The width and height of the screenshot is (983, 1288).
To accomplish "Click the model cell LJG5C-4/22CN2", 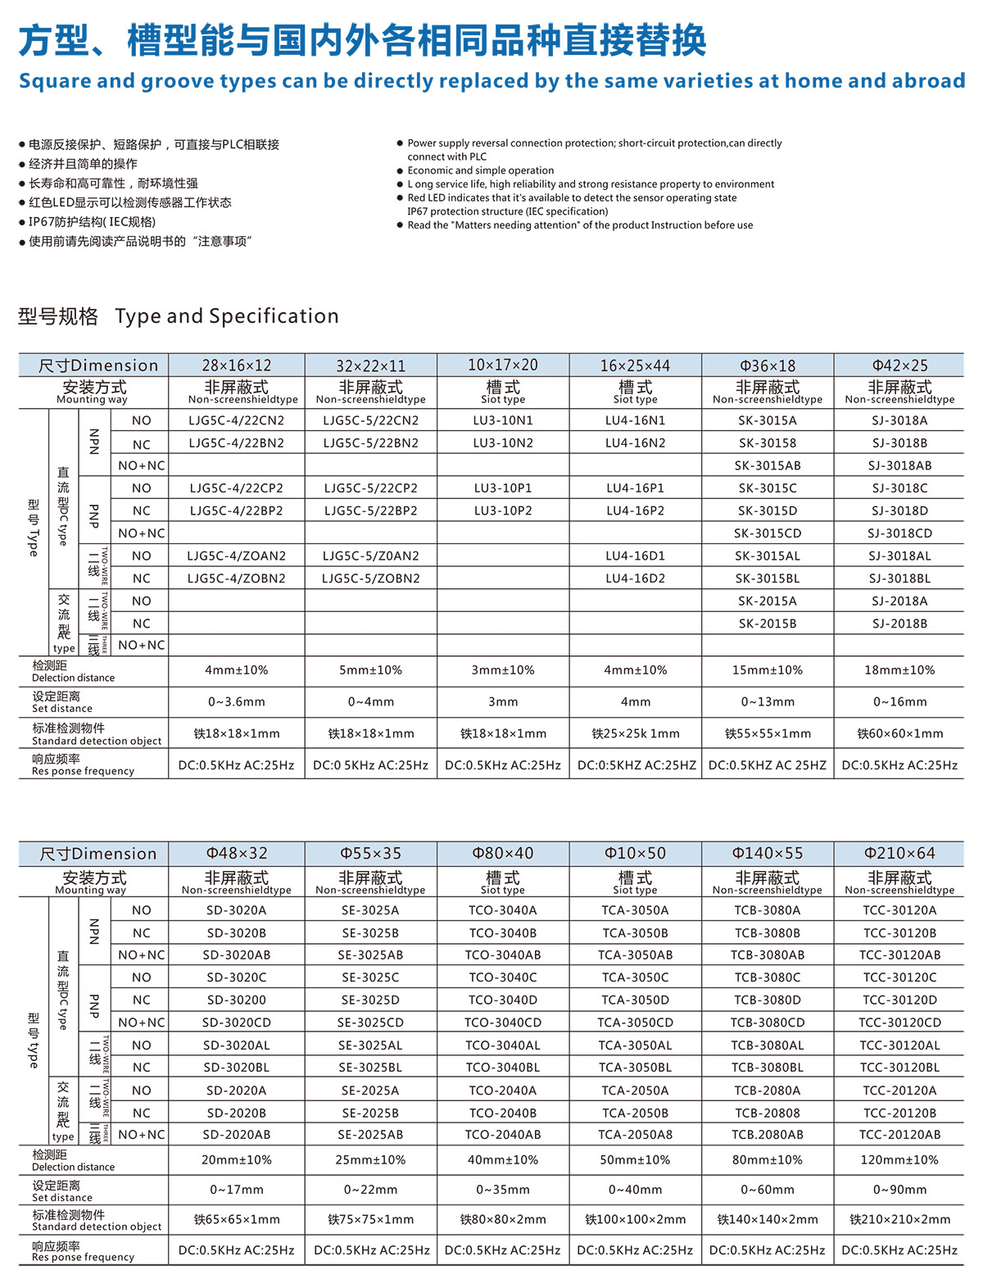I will click(x=237, y=420).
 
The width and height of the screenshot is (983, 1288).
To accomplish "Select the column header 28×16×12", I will click(x=237, y=365).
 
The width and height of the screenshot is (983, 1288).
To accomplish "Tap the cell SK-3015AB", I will click(x=768, y=465).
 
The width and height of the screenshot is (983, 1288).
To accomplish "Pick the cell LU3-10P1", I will click(x=503, y=488).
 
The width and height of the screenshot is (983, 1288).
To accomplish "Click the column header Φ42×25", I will click(x=899, y=365).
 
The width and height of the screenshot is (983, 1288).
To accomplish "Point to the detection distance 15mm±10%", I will click(x=768, y=670).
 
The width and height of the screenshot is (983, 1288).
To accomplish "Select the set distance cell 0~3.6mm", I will click(x=237, y=702).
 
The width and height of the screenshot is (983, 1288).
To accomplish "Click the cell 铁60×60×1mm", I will click(x=899, y=734).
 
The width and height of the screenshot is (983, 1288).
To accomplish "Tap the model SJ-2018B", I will click(x=899, y=624).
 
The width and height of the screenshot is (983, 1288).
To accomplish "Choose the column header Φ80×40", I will click(x=503, y=854).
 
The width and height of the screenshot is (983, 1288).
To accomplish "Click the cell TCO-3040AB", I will click(x=503, y=955).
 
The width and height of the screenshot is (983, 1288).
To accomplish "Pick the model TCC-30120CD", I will click(x=899, y=1023).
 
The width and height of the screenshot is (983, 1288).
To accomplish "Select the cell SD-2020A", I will click(x=237, y=1091).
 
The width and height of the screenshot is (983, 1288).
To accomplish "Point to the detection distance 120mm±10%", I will click(x=899, y=1160).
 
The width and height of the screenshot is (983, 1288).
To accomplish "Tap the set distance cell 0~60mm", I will click(x=768, y=1190).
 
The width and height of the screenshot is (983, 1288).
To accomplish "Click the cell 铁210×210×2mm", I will click(x=899, y=1220).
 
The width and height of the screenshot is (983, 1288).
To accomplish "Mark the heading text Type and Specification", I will click(x=227, y=316).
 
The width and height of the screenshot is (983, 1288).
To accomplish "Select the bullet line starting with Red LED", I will click(x=572, y=198).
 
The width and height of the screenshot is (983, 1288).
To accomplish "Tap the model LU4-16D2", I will click(x=636, y=578).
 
